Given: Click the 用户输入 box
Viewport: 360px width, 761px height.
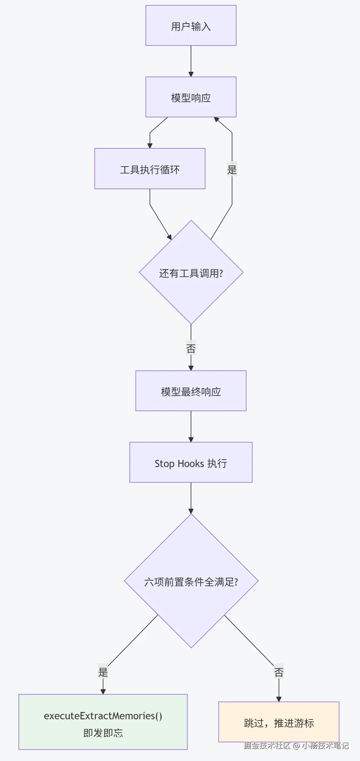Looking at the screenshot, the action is (191, 25).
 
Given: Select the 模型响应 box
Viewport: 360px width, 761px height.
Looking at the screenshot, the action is (191, 97).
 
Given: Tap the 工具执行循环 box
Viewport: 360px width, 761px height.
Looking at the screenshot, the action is (150, 169).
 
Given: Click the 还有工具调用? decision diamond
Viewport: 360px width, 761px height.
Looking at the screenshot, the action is (191, 272).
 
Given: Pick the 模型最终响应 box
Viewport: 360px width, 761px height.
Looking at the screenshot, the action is (191, 391).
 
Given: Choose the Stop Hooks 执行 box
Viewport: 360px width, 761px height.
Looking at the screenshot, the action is (191, 462).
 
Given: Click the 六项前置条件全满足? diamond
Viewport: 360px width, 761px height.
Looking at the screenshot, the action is (191, 581).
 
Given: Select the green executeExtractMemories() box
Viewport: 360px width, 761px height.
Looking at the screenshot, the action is (103, 722).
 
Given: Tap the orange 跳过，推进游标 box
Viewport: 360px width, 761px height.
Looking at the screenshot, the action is (279, 722).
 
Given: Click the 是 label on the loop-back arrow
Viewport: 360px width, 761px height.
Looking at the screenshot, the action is (232, 169).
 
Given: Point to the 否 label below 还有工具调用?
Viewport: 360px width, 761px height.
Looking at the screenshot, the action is (191, 348).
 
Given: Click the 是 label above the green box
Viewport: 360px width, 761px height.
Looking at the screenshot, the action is (103, 672).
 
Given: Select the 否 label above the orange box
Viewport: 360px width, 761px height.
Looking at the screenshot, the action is (279, 672).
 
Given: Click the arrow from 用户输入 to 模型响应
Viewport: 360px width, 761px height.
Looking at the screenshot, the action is (191, 61).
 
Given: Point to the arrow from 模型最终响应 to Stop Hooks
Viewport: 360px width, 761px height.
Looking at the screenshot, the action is (191, 427).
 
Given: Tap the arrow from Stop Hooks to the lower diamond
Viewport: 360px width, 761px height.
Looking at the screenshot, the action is (191, 498).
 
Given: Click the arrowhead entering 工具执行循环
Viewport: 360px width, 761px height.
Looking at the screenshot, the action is (150, 146).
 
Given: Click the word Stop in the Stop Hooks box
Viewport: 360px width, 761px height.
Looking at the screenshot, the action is (164, 464).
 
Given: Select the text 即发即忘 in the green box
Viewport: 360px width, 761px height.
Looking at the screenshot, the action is (103, 733).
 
